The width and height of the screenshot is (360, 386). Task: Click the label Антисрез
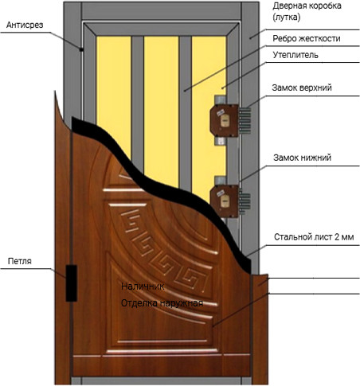coord(25,25)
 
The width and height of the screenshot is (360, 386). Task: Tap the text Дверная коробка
coord(307,6)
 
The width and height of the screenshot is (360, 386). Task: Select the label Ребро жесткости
coord(306,39)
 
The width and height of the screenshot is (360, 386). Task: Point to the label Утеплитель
coord(295,55)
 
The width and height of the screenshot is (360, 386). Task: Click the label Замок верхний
coord(302,88)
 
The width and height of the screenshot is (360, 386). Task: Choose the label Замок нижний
coord(302,158)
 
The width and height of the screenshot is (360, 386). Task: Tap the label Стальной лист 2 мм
coord(314,237)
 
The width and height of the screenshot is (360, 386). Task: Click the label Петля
coord(20,261)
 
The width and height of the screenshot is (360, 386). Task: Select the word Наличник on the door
coord(143,287)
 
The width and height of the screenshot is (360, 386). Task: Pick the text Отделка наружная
coord(162,303)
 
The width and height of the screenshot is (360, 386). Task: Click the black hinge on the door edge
coord(71,283)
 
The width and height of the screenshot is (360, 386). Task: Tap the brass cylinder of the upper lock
coord(225,120)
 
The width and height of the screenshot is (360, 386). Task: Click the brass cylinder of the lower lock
coord(225,201)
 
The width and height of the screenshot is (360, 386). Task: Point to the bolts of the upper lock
coord(245,121)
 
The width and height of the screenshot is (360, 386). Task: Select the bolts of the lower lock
coord(245,201)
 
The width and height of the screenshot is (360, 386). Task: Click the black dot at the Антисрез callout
coord(82,49)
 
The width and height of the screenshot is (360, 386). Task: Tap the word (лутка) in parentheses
coord(287,18)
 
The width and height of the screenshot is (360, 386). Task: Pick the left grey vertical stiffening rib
coord(137,102)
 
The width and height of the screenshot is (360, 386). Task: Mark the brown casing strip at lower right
coord(260,329)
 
